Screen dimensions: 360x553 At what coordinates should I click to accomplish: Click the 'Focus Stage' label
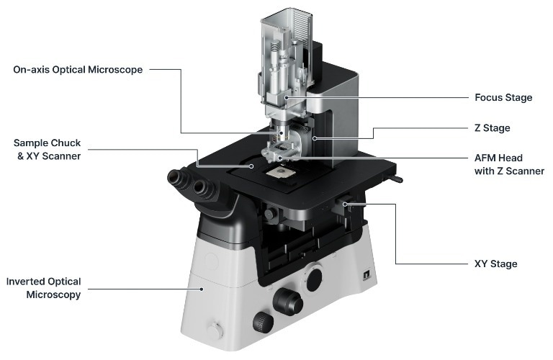[x=503, y=97]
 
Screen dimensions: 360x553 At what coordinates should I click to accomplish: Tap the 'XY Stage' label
[x=495, y=264]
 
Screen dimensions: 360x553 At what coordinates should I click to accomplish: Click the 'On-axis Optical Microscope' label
[x=78, y=70]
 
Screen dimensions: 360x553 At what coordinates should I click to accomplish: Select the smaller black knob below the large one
[x=262, y=321]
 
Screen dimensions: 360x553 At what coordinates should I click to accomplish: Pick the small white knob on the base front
[x=215, y=330]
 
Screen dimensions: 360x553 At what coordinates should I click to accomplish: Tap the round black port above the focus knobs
[x=315, y=278]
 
